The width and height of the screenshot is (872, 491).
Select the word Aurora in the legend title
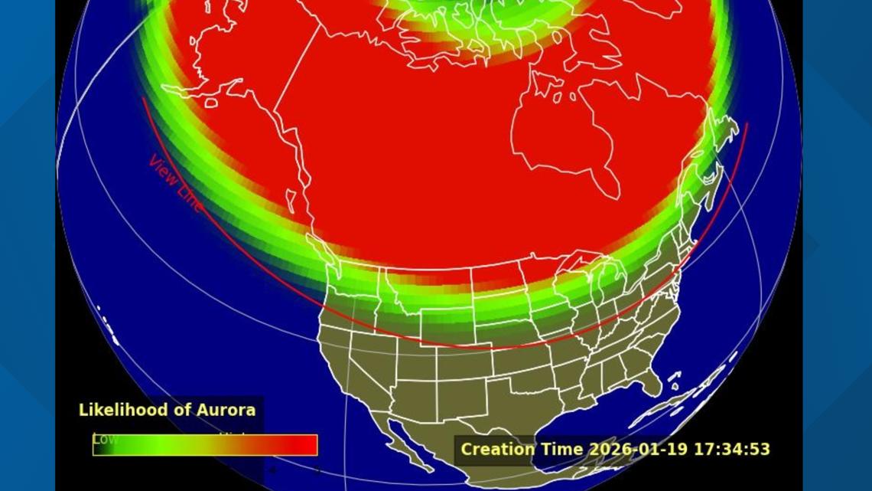tap(228, 410)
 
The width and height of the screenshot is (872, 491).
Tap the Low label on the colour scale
tap(104, 439)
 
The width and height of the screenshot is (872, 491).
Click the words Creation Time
tap(521, 449)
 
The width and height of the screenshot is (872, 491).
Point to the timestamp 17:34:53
tap(731, 449)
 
